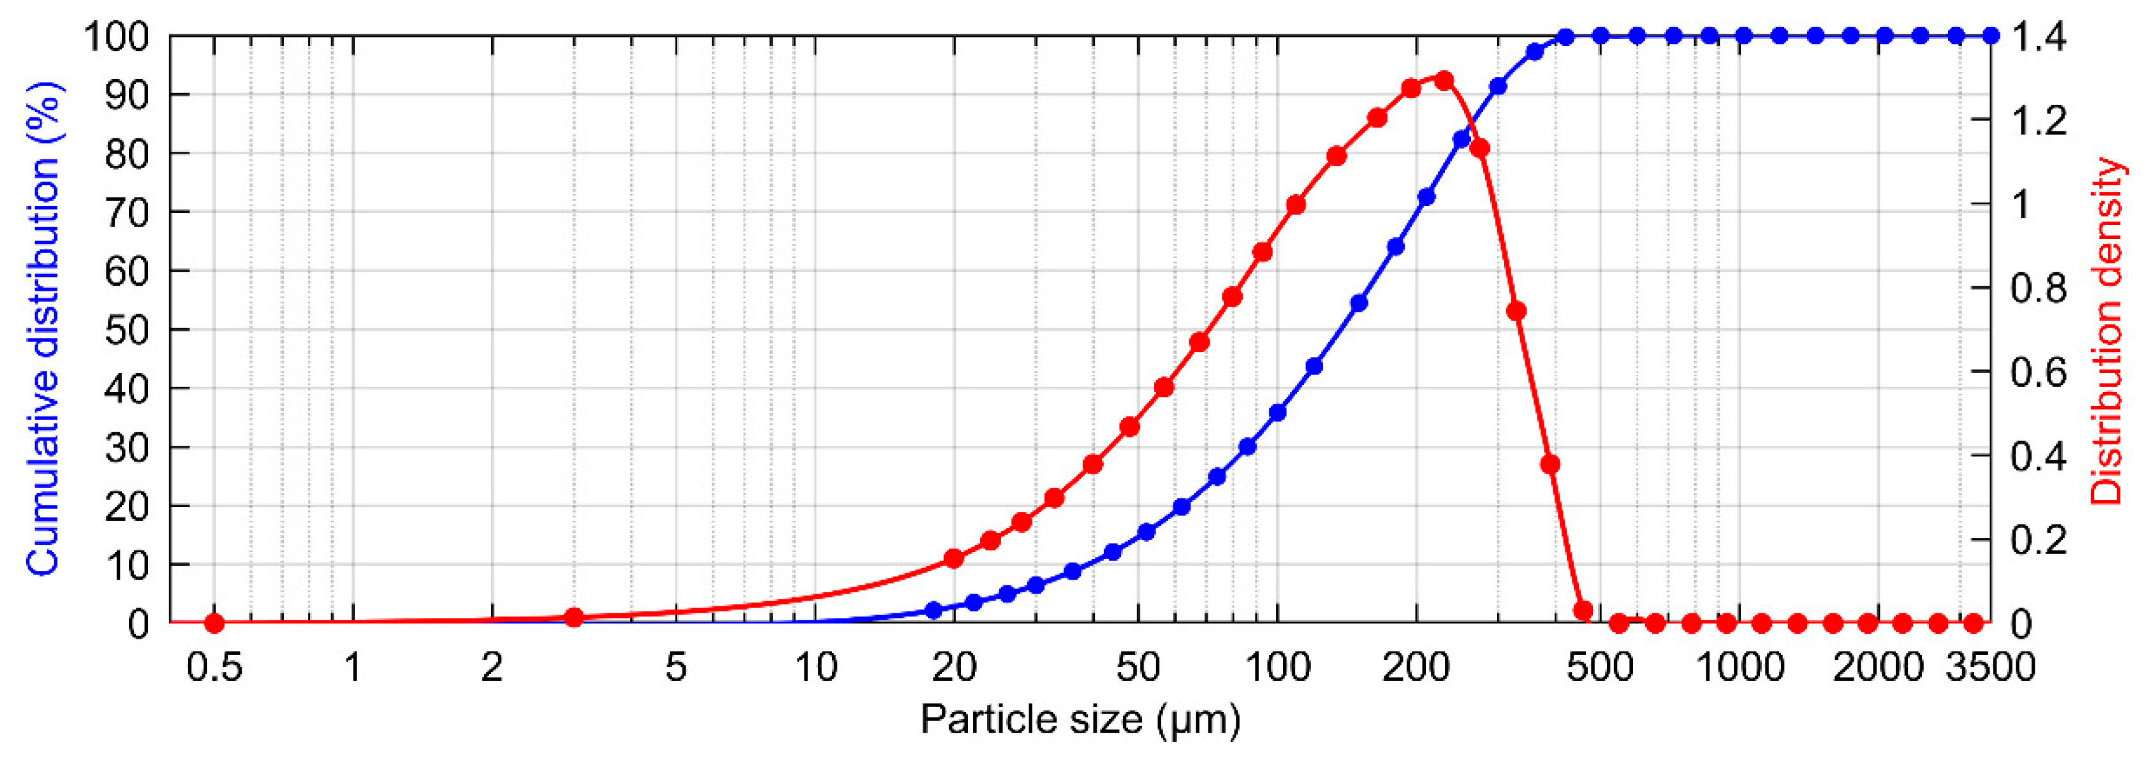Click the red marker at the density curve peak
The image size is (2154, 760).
pyautogui.click(x=1443, y=81)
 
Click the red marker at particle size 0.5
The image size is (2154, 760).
pyautogui.click(x=214, y=623)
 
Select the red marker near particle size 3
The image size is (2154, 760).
pyautogui.click(x=574, y=618)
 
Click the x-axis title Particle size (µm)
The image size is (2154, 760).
pyautogui.click(x=1080, y=720)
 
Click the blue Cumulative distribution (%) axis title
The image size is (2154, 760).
pyautogui.click(x=43, y=328)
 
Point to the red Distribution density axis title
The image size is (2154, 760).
pyautogui.click(x=2106, y=330)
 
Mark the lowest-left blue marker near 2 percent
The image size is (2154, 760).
pyautogui.click(x=934, y=610)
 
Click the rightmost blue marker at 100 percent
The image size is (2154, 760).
pyautogui.click(x=1991, y=35)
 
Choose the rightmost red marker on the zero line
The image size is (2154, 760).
pyautogui.click(x=1974, y=623)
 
